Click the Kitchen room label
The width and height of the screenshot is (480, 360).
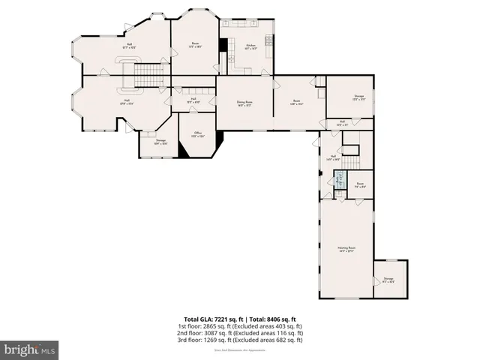250,46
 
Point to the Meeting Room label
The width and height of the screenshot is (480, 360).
346,249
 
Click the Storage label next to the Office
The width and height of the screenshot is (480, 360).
160,141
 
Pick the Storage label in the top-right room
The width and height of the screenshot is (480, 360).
349,97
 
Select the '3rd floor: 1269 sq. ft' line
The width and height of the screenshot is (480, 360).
240,340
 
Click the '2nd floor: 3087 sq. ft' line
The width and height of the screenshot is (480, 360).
240,333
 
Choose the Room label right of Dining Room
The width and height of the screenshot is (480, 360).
297,103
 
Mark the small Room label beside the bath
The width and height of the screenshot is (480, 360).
360,184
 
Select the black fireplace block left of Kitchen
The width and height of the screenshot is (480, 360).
222,45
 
